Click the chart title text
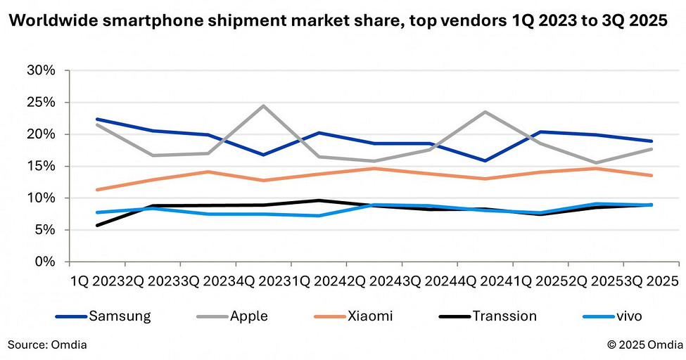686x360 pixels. tap(337, 21)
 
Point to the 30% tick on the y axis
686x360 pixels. tap(41, 70)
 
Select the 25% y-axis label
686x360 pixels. tap(41, 103)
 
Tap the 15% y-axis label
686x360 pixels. tap(41, 167)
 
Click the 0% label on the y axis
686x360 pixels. tap(44, 262)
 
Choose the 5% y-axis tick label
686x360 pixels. tap(44, 230)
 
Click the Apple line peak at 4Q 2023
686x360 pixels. tap(263, 106)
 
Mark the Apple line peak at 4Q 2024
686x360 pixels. tap(485, 112)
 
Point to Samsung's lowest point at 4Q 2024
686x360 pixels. tap(485, 161)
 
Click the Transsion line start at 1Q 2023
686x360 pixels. tap(96, 225)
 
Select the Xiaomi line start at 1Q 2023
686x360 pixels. tap(96, 190)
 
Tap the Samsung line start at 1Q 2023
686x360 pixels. tap(96, 119)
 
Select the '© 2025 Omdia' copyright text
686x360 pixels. tap(643, 345)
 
